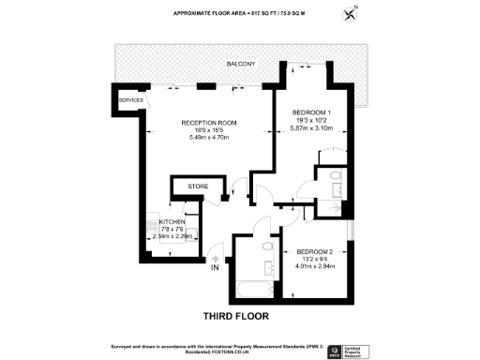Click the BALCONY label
click(239, 64)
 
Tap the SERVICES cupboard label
click(130, 99)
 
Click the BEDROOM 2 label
click(315, 252)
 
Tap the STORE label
click(197, 187)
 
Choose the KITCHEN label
click(159, 222)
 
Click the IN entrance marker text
click(216, 269)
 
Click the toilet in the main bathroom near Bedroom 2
click(268, 247)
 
